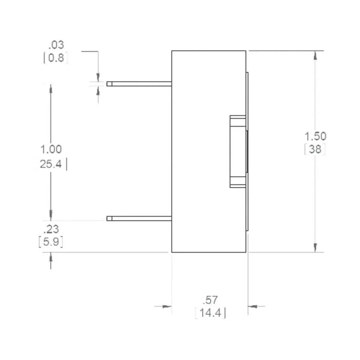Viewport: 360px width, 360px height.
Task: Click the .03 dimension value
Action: click(56, 45)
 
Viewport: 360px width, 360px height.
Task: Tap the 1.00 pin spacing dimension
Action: click(51, 149)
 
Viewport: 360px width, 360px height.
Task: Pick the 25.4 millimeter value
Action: click(51, 165)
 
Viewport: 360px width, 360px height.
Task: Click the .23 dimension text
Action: click(51, 229)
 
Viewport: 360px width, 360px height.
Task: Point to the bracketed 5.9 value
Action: click(51, 242)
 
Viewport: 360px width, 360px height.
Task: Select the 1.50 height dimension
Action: click(316, 136)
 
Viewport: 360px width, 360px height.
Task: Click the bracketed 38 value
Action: click(315, 149)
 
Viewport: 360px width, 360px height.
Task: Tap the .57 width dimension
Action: click(211, 300)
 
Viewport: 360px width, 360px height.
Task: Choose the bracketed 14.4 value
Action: click(211, 313)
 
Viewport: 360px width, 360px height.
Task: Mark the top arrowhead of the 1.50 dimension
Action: click(315, 55)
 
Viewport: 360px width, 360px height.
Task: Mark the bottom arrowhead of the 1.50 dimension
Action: click(315, 248)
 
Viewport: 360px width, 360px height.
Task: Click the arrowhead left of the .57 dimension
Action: click(166, 306)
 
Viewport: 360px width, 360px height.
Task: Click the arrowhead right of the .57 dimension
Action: click(253, 306)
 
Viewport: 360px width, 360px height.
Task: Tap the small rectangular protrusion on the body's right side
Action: click(238, 151)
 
